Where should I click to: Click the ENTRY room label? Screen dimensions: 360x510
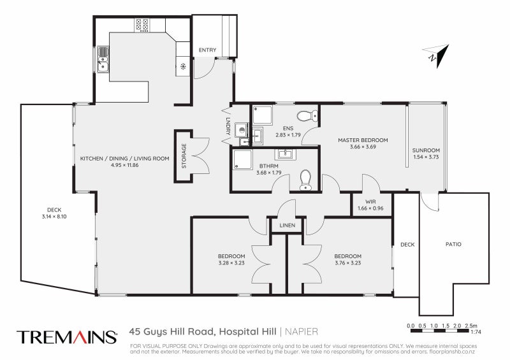tap(207, 50)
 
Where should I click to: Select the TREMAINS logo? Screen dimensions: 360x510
tap(66, 336)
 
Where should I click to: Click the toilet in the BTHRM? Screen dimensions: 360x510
tap(306, 180)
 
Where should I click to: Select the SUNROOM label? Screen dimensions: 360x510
tap(426, 150)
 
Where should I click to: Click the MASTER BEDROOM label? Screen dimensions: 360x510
tap(363, 140)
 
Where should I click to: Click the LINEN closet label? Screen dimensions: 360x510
tap(286, 225)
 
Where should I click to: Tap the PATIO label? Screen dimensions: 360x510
tap(453, 244)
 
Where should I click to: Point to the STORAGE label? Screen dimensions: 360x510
tap(184, 155)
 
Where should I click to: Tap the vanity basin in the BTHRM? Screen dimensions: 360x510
tap(284, 154)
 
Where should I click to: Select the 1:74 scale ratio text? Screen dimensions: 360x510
tap(475, 333)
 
